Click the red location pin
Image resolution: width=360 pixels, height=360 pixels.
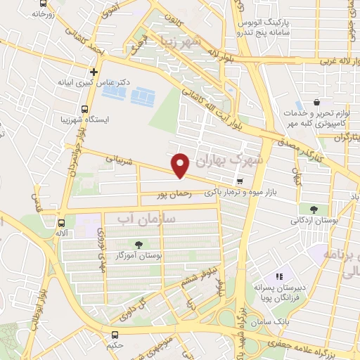(181, 165)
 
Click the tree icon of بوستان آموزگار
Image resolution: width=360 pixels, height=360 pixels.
(138, 245)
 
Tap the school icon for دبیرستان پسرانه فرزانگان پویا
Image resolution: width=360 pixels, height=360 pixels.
(279, 277)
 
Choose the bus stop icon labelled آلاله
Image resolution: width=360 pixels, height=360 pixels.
(62, 219)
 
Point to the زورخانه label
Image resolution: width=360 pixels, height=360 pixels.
(43, 13)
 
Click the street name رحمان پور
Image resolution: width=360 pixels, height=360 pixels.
(176, 191)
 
